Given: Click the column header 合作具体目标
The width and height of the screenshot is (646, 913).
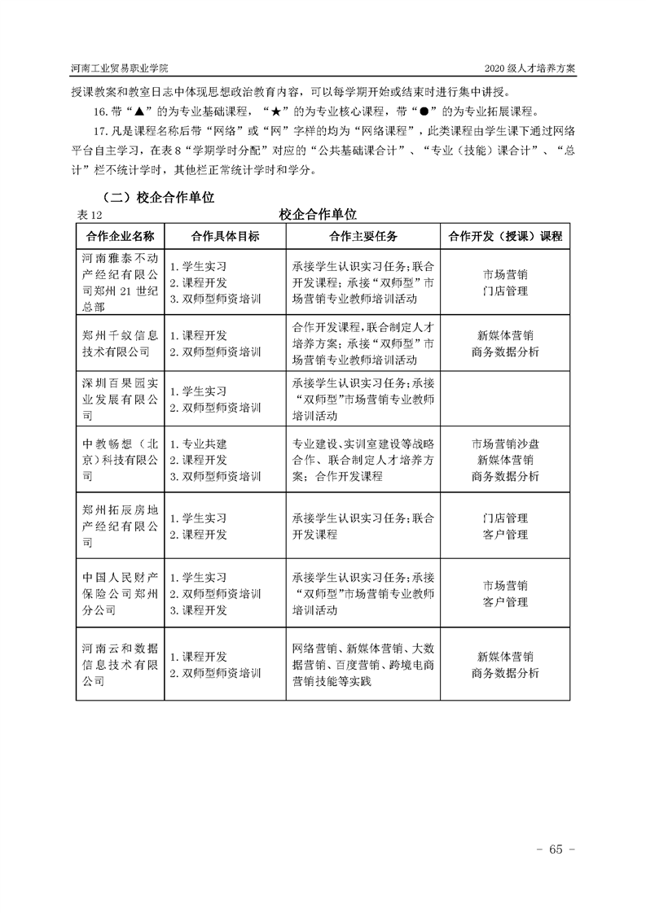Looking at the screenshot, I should (x=225, y=236).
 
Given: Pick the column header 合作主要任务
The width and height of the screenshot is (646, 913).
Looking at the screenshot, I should (x=363, y=236).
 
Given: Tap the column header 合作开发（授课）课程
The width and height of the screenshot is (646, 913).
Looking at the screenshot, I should (x=505, y=236).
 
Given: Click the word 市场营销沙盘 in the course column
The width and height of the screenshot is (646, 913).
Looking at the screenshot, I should (x=505, y=444).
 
